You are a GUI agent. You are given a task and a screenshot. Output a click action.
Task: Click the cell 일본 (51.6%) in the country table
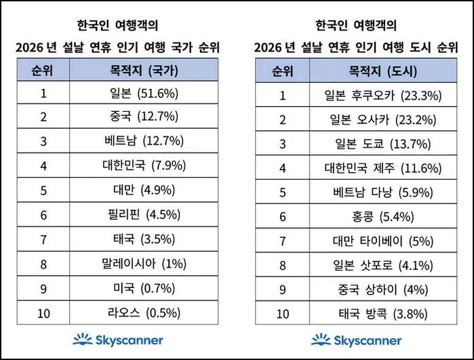click(x=144, y=94)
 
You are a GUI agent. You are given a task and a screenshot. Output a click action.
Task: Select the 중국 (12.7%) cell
click(x=144, y=116)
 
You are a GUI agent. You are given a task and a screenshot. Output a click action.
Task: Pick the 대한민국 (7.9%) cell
click(x=144, y=164)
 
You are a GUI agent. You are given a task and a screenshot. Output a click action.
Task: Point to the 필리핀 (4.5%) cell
click(x=144, y=216)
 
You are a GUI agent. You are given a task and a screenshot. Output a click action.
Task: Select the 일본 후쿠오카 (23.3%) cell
click(x=383, y=94)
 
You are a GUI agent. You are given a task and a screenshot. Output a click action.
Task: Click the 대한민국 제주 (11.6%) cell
click(x=383, y=167)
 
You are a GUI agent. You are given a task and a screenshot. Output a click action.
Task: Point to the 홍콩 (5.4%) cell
click(x=383, y=217)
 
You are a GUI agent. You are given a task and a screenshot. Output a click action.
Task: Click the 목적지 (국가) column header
click(x=144, y=69)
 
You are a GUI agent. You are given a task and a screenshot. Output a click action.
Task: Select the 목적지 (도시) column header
click(x=383, y=70)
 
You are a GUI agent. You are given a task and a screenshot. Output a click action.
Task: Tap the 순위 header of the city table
click(x=283, y=70)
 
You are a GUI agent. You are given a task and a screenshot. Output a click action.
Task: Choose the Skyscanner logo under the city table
click(x=357, y=340)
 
